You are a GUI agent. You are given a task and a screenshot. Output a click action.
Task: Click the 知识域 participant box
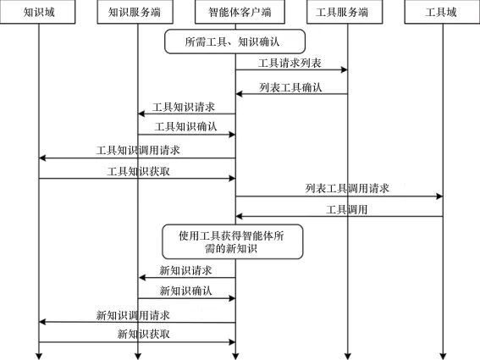[x=37, y=12]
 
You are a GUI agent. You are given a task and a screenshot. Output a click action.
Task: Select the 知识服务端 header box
[x=135, y=12]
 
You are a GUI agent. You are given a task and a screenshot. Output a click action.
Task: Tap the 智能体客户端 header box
[x=240, y=12]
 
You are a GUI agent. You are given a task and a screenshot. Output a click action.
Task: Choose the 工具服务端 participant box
[x=345, y=12]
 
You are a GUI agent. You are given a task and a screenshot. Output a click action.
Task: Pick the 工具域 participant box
[x=442, y=12]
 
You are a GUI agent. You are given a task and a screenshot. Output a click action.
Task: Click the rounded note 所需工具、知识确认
[x=234, y=42]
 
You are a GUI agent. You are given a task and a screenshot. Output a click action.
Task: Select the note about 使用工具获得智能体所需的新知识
[x=232, y=241]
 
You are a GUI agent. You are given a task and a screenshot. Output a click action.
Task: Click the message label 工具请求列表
[x=290, y=64]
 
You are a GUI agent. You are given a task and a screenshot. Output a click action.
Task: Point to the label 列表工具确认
[x=290, y=87]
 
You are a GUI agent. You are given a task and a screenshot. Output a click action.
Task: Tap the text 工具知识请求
[x=184, y=108]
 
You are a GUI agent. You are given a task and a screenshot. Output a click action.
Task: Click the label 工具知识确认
[x=185, y=126]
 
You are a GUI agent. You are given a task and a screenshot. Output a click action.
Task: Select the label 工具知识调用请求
[x=138, y=151]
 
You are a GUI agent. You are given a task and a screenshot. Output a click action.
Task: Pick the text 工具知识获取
[x=138, y=172]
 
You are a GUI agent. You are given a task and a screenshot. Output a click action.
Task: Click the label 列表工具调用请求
[x=347, y=188]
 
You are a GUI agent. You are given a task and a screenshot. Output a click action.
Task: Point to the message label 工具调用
[x=346, y=210]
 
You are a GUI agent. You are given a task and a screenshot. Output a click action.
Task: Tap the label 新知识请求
[x=185, y=270]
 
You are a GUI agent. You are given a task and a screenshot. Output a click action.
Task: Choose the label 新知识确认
[x=185, y=291]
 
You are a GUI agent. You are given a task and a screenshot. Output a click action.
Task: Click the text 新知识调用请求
[x=133, y=315]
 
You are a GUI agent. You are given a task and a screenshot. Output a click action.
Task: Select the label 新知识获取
[x=144, y=334]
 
